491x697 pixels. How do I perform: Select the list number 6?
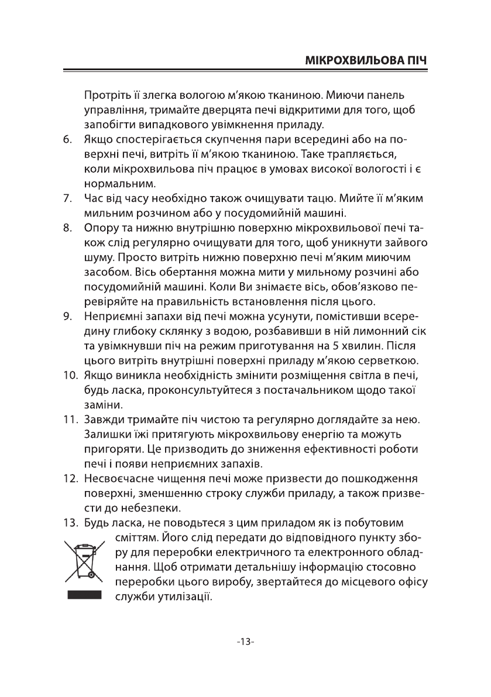pos(67,140)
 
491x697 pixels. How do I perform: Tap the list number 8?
pos(67,227)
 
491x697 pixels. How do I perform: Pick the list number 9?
pos(67,317)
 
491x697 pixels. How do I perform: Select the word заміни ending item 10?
pos(103,404)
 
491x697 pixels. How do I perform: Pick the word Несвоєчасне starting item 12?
pos(119,478)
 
